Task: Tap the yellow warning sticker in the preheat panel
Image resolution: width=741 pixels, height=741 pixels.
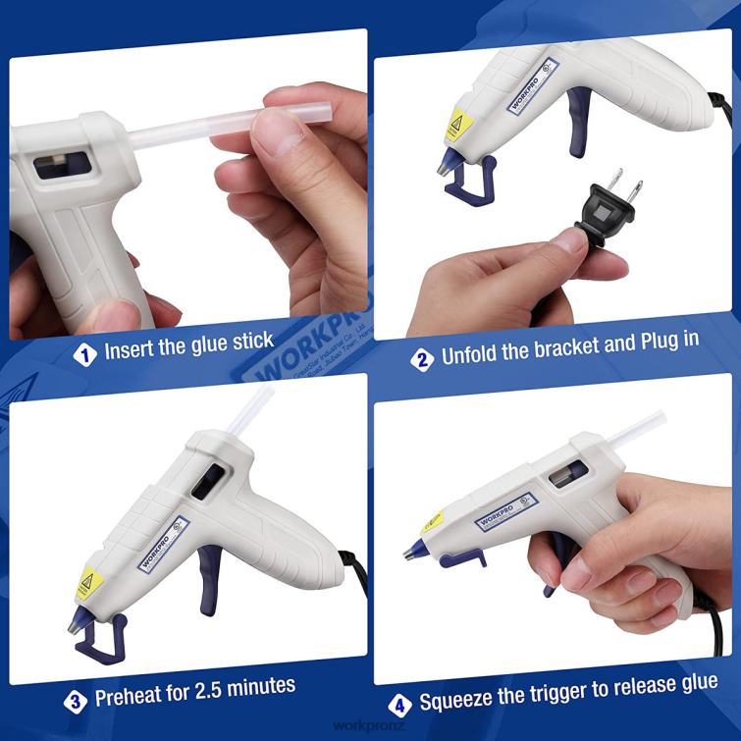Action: [x=85, y=584]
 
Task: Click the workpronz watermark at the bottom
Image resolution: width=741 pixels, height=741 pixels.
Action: [x=370, y=727]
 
